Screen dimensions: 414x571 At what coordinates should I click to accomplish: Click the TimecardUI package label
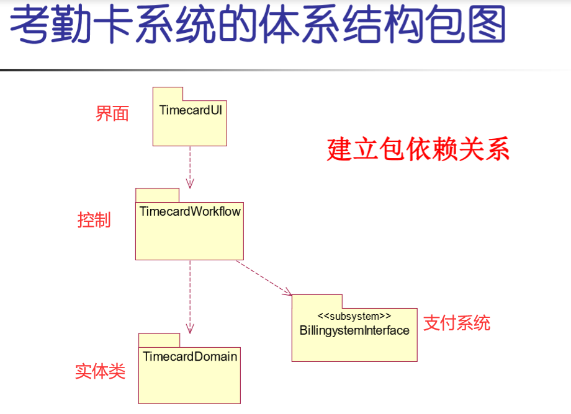pos(191,110)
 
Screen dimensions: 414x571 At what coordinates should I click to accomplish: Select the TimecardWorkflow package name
pos(190,211)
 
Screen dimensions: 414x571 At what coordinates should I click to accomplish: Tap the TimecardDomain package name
pos(190,356)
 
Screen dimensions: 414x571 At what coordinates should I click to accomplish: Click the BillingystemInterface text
pos(354,330)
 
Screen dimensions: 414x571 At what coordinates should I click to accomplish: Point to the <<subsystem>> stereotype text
pos(354,317)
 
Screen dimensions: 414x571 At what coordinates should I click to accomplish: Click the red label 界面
pos(112,114)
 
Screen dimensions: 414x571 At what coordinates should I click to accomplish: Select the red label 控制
pos(94,220)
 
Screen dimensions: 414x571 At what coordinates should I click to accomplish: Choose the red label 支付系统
pos(457,323)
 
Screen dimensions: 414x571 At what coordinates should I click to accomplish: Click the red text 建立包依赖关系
pos(418,149)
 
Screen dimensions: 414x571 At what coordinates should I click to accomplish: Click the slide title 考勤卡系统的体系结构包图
pos(258,26)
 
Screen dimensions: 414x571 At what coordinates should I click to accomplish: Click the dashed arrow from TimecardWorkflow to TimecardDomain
pos(190,294)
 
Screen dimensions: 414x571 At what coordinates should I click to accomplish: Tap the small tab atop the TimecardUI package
pos(168,94)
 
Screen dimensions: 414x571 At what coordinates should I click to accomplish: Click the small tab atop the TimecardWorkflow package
pos(149,195)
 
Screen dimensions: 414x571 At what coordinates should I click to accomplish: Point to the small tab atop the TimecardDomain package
pos(159,340)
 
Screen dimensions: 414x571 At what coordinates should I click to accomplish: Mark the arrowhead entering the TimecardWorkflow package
pos(190,183)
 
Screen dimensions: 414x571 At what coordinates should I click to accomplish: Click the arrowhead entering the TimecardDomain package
pos(190,328)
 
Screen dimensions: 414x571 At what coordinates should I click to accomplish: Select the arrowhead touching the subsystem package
pos(287,292)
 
